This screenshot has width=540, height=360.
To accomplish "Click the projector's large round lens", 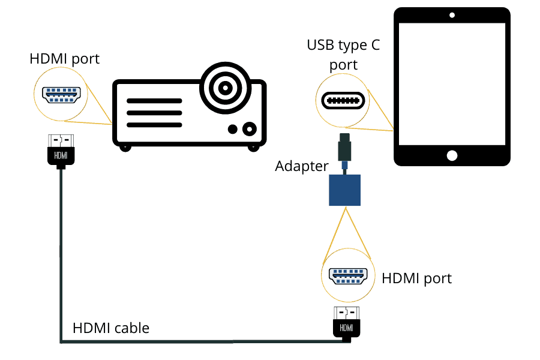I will [x=225, y=89].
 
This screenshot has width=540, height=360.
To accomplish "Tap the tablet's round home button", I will [x=452, y=155].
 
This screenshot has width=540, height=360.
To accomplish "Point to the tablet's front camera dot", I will [x=452, y=14].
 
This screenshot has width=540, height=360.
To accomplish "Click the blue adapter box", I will [x=345, y=190].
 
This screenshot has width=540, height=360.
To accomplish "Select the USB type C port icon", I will [x=342, y=100].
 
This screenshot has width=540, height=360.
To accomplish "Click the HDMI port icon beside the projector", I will [x=61, y=94].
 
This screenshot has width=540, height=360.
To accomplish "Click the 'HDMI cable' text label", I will [x=111, y=328].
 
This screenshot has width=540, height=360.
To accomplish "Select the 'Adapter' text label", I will [x=302, y=166].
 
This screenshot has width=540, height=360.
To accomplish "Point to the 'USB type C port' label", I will [x=343, y=54].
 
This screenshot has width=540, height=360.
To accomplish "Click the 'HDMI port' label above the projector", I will [x=64, y=59].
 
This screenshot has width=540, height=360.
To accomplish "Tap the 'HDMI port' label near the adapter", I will [x=416, y=278].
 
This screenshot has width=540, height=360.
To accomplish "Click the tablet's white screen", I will [x=452, y=84].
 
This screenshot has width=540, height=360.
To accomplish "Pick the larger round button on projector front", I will [x=249, y=128].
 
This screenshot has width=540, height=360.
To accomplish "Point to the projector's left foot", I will [x=124, y=146].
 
